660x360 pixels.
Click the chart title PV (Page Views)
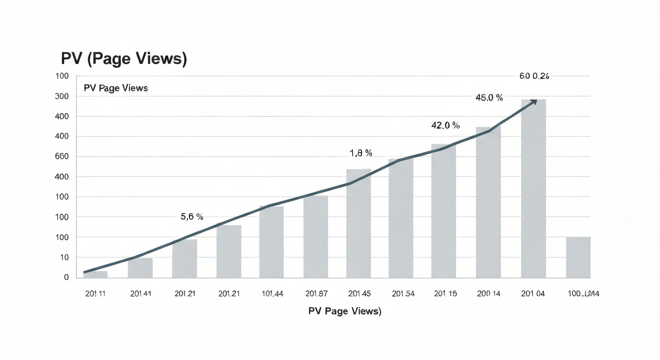(124, 59)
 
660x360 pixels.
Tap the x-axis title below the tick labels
(345, 311)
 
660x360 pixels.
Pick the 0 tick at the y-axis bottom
(66, 277)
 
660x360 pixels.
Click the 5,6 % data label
(192, 217)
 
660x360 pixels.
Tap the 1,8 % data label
(360, 153)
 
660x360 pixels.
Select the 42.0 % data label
(445, 126)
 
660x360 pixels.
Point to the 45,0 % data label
(489, 98)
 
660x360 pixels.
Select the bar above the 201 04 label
(533, 188)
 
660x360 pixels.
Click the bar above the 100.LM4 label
(578, 257)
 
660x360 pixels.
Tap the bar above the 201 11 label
(96, 275)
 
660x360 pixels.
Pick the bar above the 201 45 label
(359, 224)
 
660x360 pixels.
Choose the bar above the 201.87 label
(315, 237)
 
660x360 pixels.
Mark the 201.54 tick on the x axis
(403, 294)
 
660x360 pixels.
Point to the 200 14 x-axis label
(489, 294)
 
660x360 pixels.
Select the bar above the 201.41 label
(140, 268)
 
